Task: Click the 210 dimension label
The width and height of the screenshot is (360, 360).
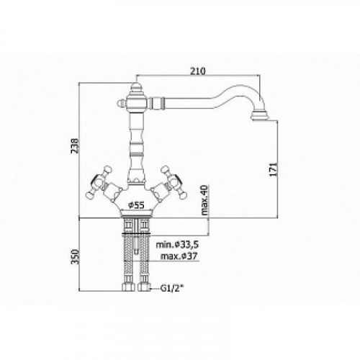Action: tap(198, 71)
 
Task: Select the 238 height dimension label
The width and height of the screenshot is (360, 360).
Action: tap(75, 145)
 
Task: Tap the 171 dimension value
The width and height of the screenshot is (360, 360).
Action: tap(273, 169)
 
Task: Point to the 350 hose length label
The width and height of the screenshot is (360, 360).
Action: tap(75, 256)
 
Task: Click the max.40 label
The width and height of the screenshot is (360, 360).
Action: tap(204, 200)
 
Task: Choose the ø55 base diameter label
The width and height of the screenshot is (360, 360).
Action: tap(136, 205)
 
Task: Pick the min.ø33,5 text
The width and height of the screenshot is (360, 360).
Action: tap(177, 245)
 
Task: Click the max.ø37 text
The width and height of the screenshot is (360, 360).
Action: tap(179, 256)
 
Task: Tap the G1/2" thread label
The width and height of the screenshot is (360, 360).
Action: tap(171, 288)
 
